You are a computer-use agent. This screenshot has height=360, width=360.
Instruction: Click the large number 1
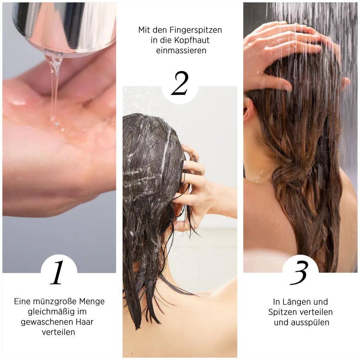58,273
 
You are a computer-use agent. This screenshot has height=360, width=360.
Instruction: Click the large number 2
180,83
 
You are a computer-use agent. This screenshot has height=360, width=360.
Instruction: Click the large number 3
299,273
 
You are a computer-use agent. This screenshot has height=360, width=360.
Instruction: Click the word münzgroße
53,301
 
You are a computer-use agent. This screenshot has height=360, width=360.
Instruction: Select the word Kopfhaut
193,40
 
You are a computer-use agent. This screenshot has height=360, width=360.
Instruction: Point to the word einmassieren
181,51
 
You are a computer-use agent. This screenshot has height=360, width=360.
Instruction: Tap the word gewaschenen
46,322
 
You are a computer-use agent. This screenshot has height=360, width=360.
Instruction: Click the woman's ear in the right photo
249,109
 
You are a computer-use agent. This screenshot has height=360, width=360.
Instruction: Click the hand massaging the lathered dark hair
194,186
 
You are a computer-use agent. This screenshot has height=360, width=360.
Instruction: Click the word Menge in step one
92,301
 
